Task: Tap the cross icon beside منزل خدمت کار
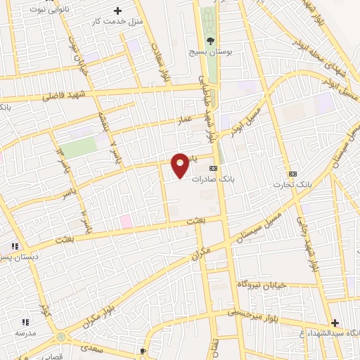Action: pos(117,11)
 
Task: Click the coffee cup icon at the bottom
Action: pos(143,350)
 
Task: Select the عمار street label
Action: pos(185,122)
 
